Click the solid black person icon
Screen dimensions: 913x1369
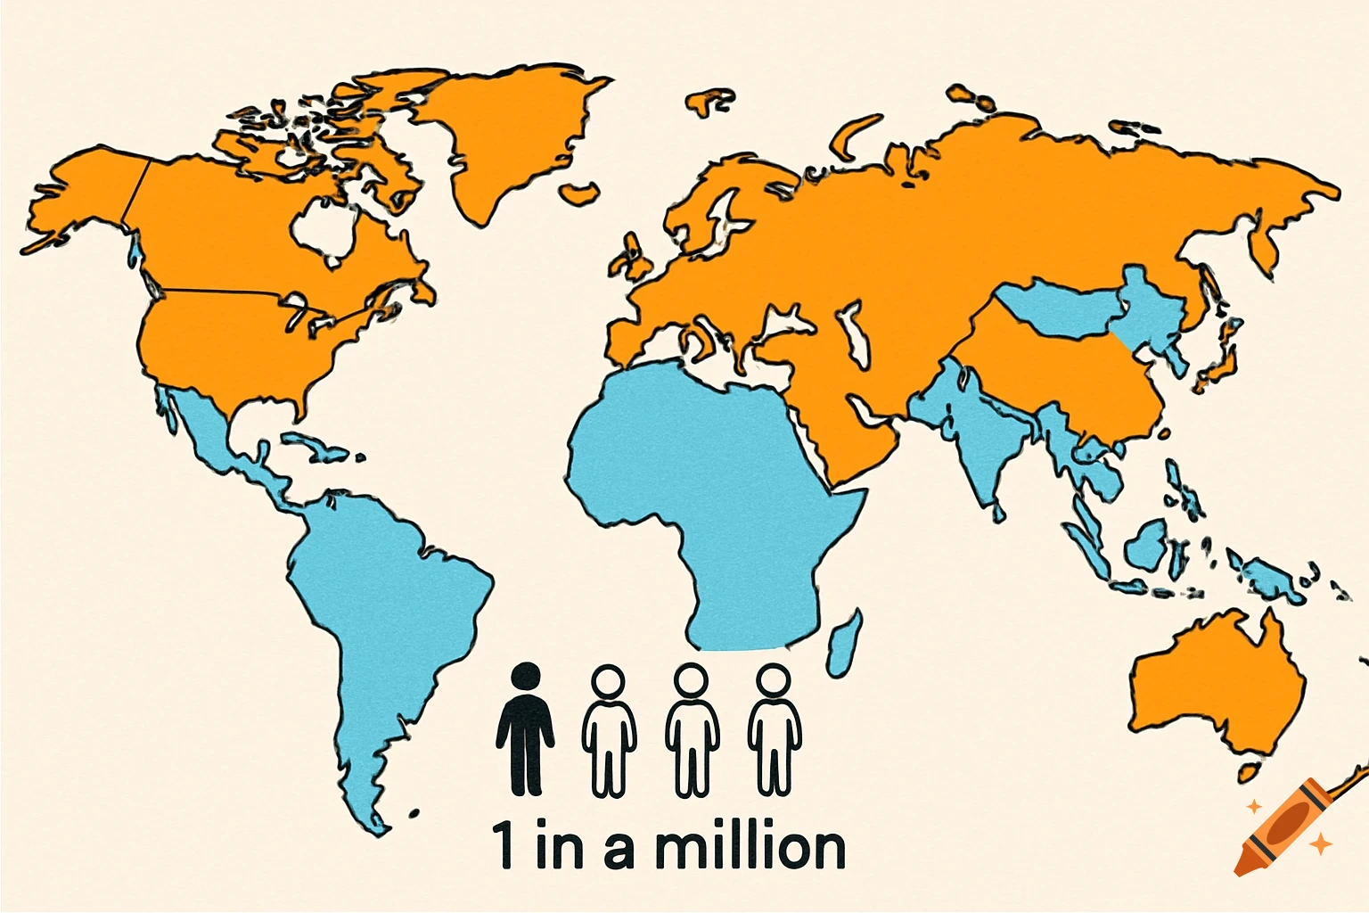(x=525, y=736)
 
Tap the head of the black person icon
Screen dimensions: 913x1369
(x=526, y=677)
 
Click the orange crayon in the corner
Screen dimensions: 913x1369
(x=1283, y=826)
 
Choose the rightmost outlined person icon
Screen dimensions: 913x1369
(x=774, y=731)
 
